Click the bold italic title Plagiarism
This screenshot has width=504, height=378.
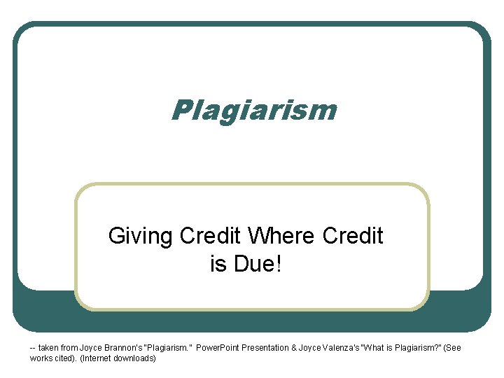pyautogui.click(x=253, y=110)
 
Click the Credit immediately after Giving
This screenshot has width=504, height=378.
pyautogui.click(x=210, y=237)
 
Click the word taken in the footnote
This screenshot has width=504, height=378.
pyautogui.click(x=50, y=348)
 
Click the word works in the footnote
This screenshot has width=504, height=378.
pyautogui.click(x=41, y=358)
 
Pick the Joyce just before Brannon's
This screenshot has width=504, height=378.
pyautogui.click(x=92, y=348)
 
